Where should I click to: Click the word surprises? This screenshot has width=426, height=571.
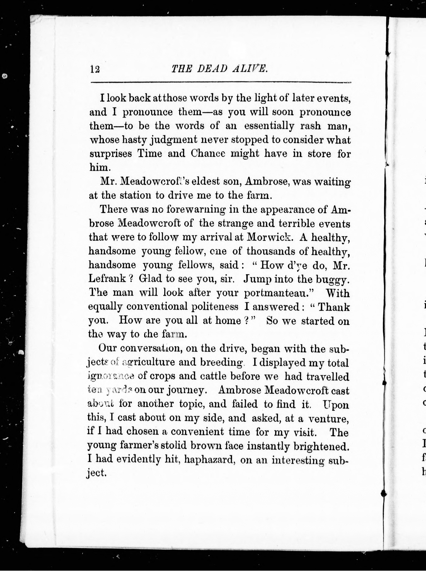tap(111, 154)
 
